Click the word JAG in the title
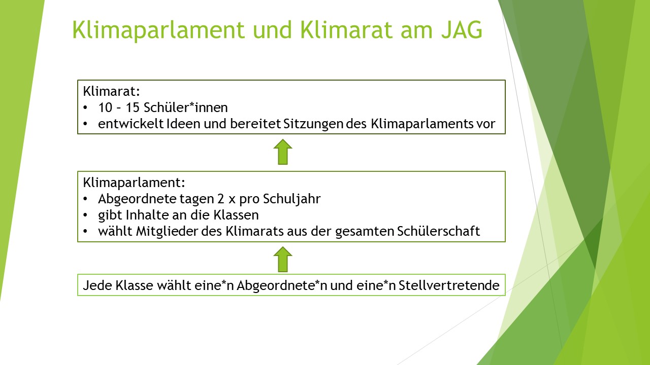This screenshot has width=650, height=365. click(x=462, y=29)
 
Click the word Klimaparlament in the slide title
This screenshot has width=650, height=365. click(x=158, y=30)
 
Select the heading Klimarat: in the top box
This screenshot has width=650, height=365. click(x=111, y=91)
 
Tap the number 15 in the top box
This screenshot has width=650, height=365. click(x=133, y=108)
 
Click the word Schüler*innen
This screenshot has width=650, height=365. click(x=186, y=108)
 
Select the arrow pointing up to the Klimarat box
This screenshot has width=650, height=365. click(x=283, y=152)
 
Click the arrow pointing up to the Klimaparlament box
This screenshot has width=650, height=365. click(x=283, y=259)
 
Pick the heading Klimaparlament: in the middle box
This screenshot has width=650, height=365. click(x=134, y=183)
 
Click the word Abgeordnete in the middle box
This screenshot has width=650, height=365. click(x=138, y=199)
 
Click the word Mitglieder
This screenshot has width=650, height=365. click(x=167, y=232)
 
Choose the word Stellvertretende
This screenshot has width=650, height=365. click(x=449, y=285)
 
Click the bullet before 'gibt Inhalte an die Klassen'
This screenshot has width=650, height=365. click(x=85, y=215)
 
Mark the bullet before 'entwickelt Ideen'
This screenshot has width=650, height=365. click(x=85, y=124)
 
